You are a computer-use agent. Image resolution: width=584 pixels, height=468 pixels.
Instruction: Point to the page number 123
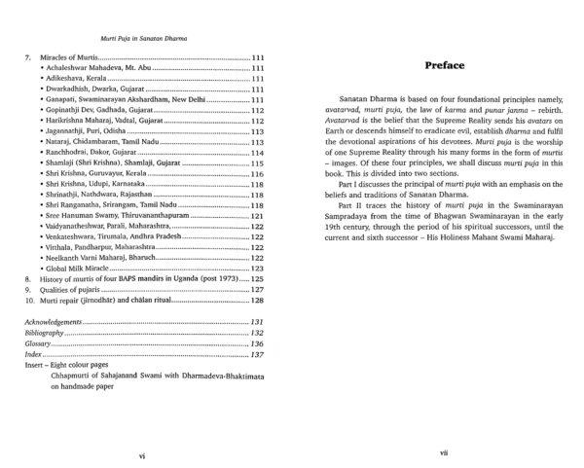pyautogui.click(x=258, y=267)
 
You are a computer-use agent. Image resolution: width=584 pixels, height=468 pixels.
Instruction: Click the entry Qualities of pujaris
pyautogui.click(x=67, y=288)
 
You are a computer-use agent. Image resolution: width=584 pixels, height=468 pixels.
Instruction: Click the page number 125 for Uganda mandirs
pyautogui.click(x=258, y=277)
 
